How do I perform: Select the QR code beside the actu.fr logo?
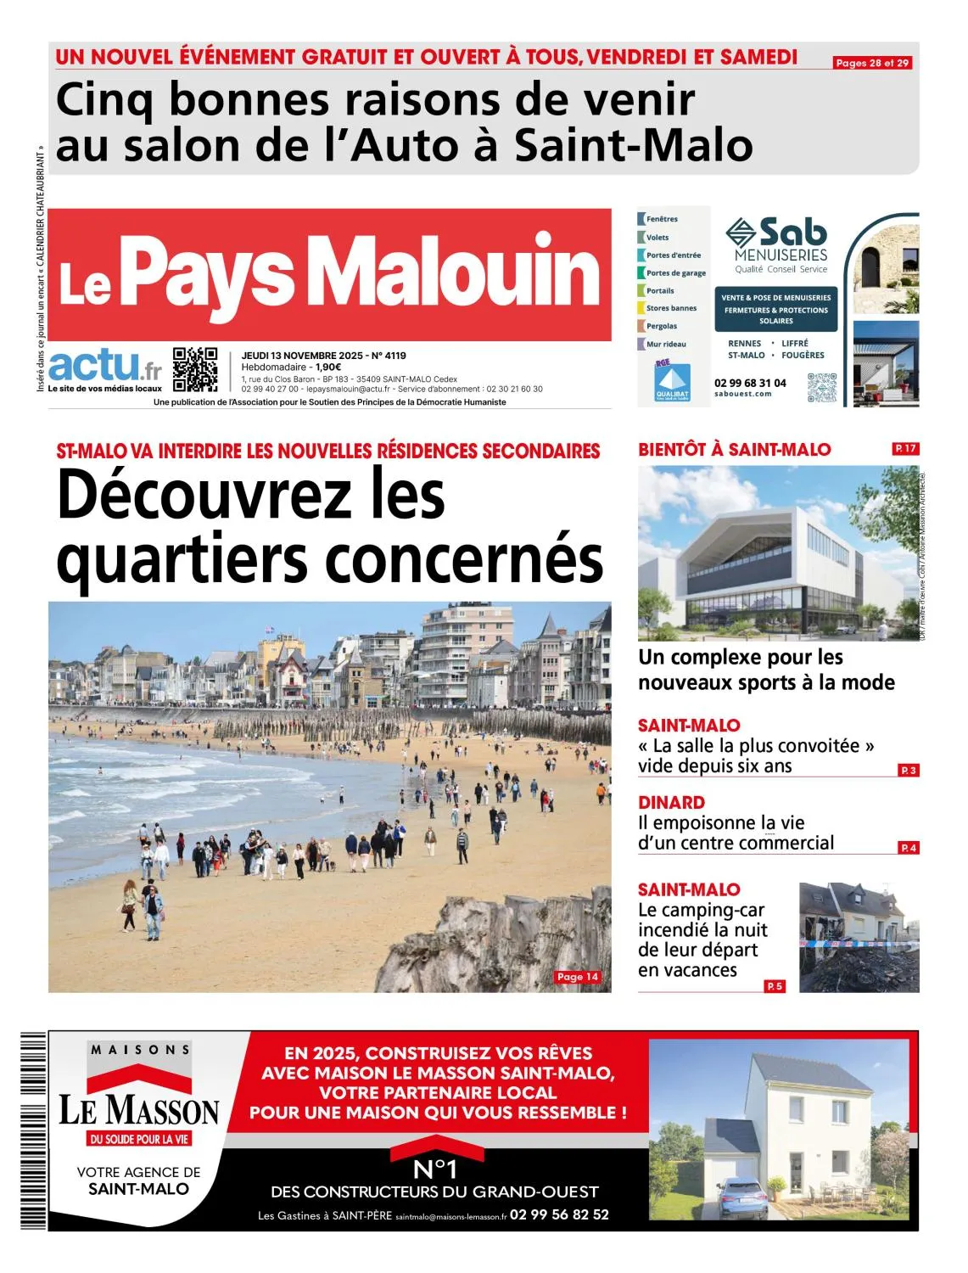click(195, 369)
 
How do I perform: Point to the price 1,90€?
click(328, 367)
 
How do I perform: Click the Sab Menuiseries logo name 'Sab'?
click(792, 231)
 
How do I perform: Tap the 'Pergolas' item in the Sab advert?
click(661, 326)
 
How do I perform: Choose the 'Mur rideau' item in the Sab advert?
click(665, 344)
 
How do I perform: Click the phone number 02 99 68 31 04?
click(750, 383)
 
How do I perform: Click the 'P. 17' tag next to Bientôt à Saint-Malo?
click(905, 448)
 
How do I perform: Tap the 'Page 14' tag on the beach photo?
click(578, 977)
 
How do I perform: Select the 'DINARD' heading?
click(671, 802)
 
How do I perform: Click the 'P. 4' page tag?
click(909, 848)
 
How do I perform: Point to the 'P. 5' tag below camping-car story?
click(775, 986)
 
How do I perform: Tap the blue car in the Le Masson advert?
click(742, 1197)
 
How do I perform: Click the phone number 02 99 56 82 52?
click(559, 1214)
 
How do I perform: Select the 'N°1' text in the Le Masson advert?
click(434, 1169)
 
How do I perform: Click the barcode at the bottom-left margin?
click(33, 1130)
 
